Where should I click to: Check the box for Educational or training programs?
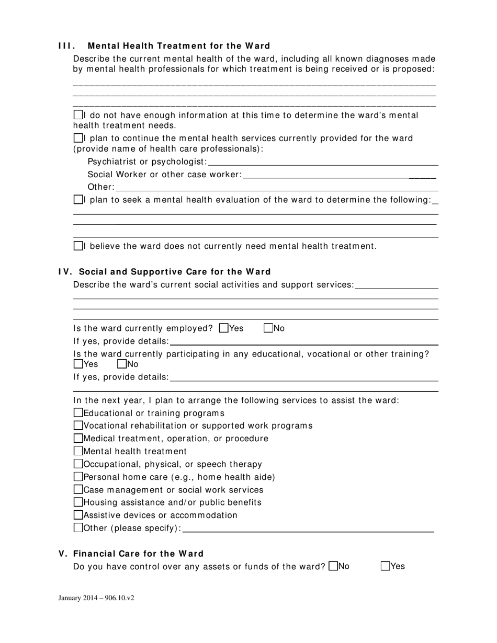click(78, 413)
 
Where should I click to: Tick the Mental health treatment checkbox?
click(78, 451)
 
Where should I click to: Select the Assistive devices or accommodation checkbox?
click(78, 515)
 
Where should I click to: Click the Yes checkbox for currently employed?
click(224, 328)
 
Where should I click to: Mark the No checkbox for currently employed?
click(268, 328)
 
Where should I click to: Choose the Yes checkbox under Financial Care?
click(386, 566)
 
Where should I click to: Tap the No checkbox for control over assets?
click(333, 566)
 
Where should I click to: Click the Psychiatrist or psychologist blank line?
click(323, 163)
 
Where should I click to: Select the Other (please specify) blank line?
click(308, 529)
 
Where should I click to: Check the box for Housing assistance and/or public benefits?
click(78, 502)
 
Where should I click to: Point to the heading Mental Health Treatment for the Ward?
click(179, 46)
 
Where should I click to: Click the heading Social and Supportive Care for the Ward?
click(175, 272)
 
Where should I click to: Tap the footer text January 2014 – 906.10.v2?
click(96, 598)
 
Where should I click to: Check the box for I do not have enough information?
click(78, 115)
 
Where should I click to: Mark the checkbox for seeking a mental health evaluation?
click(78, 200)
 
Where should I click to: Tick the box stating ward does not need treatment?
click(78, 246)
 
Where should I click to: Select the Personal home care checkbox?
click(78, 477)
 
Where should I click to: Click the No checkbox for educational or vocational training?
click(122, 364)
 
